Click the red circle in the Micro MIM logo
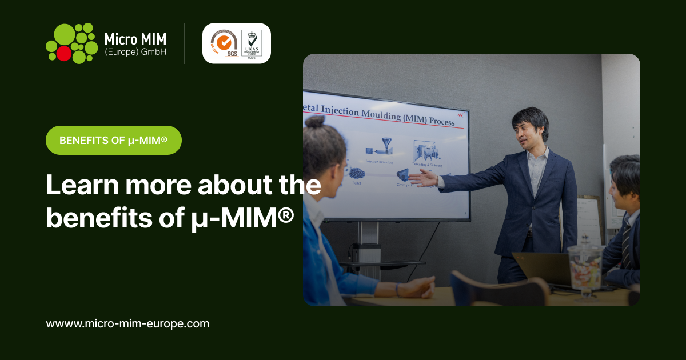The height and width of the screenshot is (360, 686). point(64,53)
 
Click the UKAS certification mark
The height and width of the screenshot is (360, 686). point(252,43)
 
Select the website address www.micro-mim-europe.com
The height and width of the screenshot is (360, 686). point(127,323)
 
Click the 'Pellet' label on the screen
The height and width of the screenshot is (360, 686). point(357,183)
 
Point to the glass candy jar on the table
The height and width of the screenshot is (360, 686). point(584,269)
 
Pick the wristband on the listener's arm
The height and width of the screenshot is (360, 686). point(396,289)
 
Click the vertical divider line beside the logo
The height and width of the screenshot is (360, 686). point(184,43)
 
